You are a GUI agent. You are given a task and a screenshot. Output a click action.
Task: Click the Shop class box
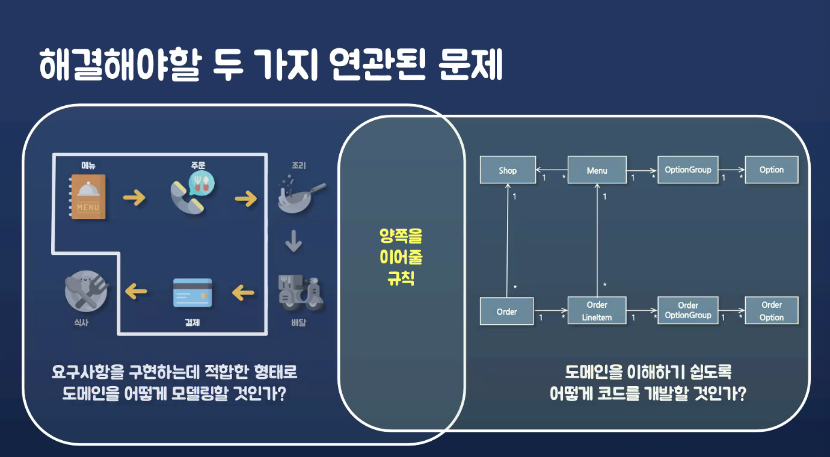[x=507, y=170]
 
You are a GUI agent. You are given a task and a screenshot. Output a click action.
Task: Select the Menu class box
[x=597, y=170]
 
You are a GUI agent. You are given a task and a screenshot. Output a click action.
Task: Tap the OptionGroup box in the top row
[x=687, y=170]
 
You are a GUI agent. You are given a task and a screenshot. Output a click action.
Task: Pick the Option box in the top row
[x=771, y=170]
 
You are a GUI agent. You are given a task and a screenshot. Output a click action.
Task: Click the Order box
[x=506, y=311]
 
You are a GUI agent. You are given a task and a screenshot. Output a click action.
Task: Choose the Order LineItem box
[x=597, y=311]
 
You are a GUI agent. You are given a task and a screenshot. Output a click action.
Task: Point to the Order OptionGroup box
[x=687, y=310]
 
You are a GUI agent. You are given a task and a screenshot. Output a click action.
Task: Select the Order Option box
[x=771, y=311]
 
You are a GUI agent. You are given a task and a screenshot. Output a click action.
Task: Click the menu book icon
[x=88, y=196]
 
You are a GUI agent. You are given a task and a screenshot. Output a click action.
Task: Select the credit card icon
[x=192, y=292]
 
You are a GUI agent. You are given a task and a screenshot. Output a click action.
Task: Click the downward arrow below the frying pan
[x=294, y=242]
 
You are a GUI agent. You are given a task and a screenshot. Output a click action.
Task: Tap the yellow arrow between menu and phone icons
[x=134, y=197]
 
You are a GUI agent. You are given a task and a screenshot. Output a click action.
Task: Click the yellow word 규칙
[x=401, y=278]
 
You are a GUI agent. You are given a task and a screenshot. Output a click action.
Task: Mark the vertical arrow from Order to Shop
[x=508, y=241]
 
